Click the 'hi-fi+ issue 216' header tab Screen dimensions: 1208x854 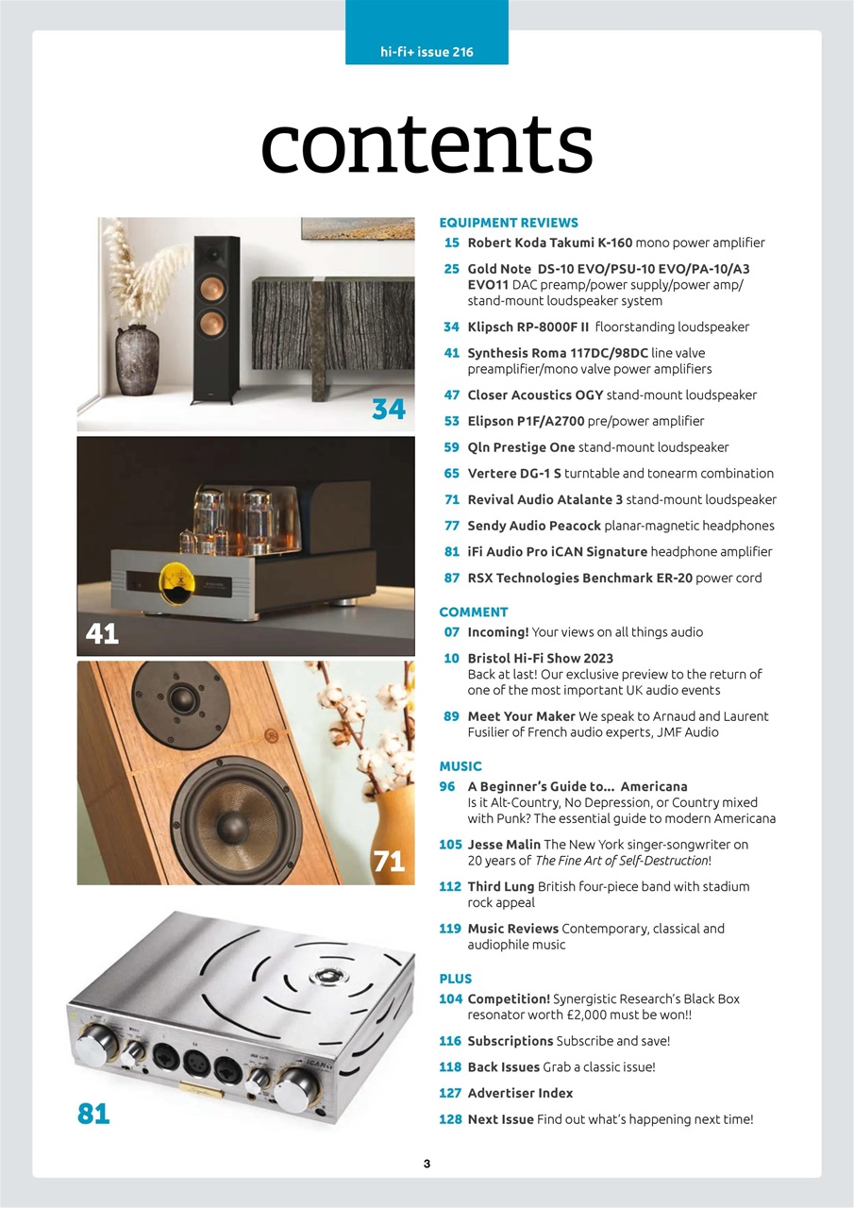point(427,52)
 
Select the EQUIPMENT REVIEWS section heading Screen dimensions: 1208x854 point(509,223)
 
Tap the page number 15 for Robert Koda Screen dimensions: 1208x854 point(451,243)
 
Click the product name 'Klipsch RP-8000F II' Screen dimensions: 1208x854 point(529,327)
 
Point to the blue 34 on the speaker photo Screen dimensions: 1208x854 point(388,409)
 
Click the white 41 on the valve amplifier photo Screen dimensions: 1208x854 point(102,633)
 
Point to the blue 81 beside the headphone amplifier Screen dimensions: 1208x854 point(93,1115)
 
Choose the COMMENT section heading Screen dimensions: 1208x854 point(474,612)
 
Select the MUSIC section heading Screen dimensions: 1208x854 point(460,766)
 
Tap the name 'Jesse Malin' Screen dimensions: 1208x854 point(504,845)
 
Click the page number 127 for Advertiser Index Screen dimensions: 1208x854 point(450,1093)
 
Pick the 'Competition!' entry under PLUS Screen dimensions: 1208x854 point(509,998)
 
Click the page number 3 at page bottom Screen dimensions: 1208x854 point(427,1164)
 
